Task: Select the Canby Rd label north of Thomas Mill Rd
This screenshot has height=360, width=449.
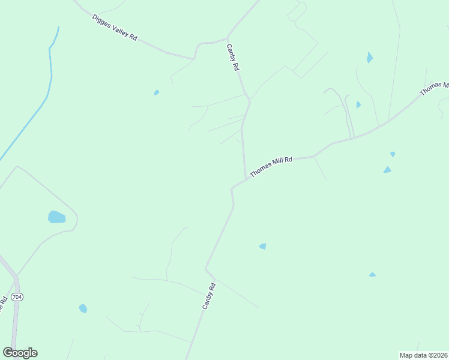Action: (x=232, y=58)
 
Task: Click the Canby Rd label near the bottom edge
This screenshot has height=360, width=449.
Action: (x=208, y=296)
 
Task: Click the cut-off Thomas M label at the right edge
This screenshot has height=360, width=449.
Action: (x=433, y=88)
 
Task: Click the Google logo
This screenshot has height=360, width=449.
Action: (x=20, y=353)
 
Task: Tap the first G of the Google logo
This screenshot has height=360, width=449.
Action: (x=8, y=353)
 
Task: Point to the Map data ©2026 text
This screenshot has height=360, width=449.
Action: (x=423, y=355)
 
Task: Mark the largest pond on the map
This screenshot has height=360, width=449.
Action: (x=56, y=217)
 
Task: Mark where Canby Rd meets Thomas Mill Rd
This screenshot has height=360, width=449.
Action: (x=246, y=178)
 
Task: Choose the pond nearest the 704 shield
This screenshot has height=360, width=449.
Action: (x=83, y=308)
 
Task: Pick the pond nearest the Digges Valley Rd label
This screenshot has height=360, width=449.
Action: (x=157, y=92)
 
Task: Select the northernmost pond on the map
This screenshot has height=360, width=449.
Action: (x=369, y=58)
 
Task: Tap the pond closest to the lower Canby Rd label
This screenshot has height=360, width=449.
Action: (x=262, y=246)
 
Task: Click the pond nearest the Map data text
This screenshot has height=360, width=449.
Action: (x=372, y=275)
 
